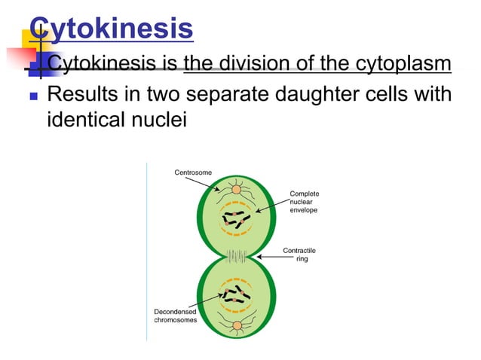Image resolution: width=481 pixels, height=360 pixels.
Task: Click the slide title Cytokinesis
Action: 114,29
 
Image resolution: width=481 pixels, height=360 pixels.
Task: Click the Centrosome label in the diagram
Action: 193,172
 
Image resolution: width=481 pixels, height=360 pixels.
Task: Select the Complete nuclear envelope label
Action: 304,202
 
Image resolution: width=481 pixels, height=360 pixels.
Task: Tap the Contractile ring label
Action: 299,255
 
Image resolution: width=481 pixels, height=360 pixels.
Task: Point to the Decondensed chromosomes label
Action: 176,315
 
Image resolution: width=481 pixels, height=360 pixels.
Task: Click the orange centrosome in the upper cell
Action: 236,188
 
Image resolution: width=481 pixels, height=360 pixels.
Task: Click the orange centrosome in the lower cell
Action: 237,326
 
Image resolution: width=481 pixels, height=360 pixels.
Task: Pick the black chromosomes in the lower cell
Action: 236,292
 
